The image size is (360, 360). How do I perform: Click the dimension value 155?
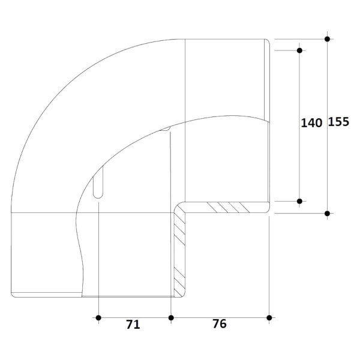click(x=338, y=122)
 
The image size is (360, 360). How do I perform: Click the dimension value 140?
click(x=311, y=123)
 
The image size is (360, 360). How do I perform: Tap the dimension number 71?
click(x=133, y=325)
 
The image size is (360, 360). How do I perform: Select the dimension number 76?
click(x=220, y=324)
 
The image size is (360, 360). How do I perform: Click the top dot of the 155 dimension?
click(x=328, y=39)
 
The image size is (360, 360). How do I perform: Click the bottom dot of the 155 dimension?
click(x=328, y=214)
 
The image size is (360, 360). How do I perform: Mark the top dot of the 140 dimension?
click(x=299, y=50)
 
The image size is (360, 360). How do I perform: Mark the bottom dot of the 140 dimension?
click(x=299, y=202)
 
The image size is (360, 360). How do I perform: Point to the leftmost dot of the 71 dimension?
click(x=98, y=318)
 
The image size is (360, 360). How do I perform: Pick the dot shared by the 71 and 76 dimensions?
click(x=171, y=318)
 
